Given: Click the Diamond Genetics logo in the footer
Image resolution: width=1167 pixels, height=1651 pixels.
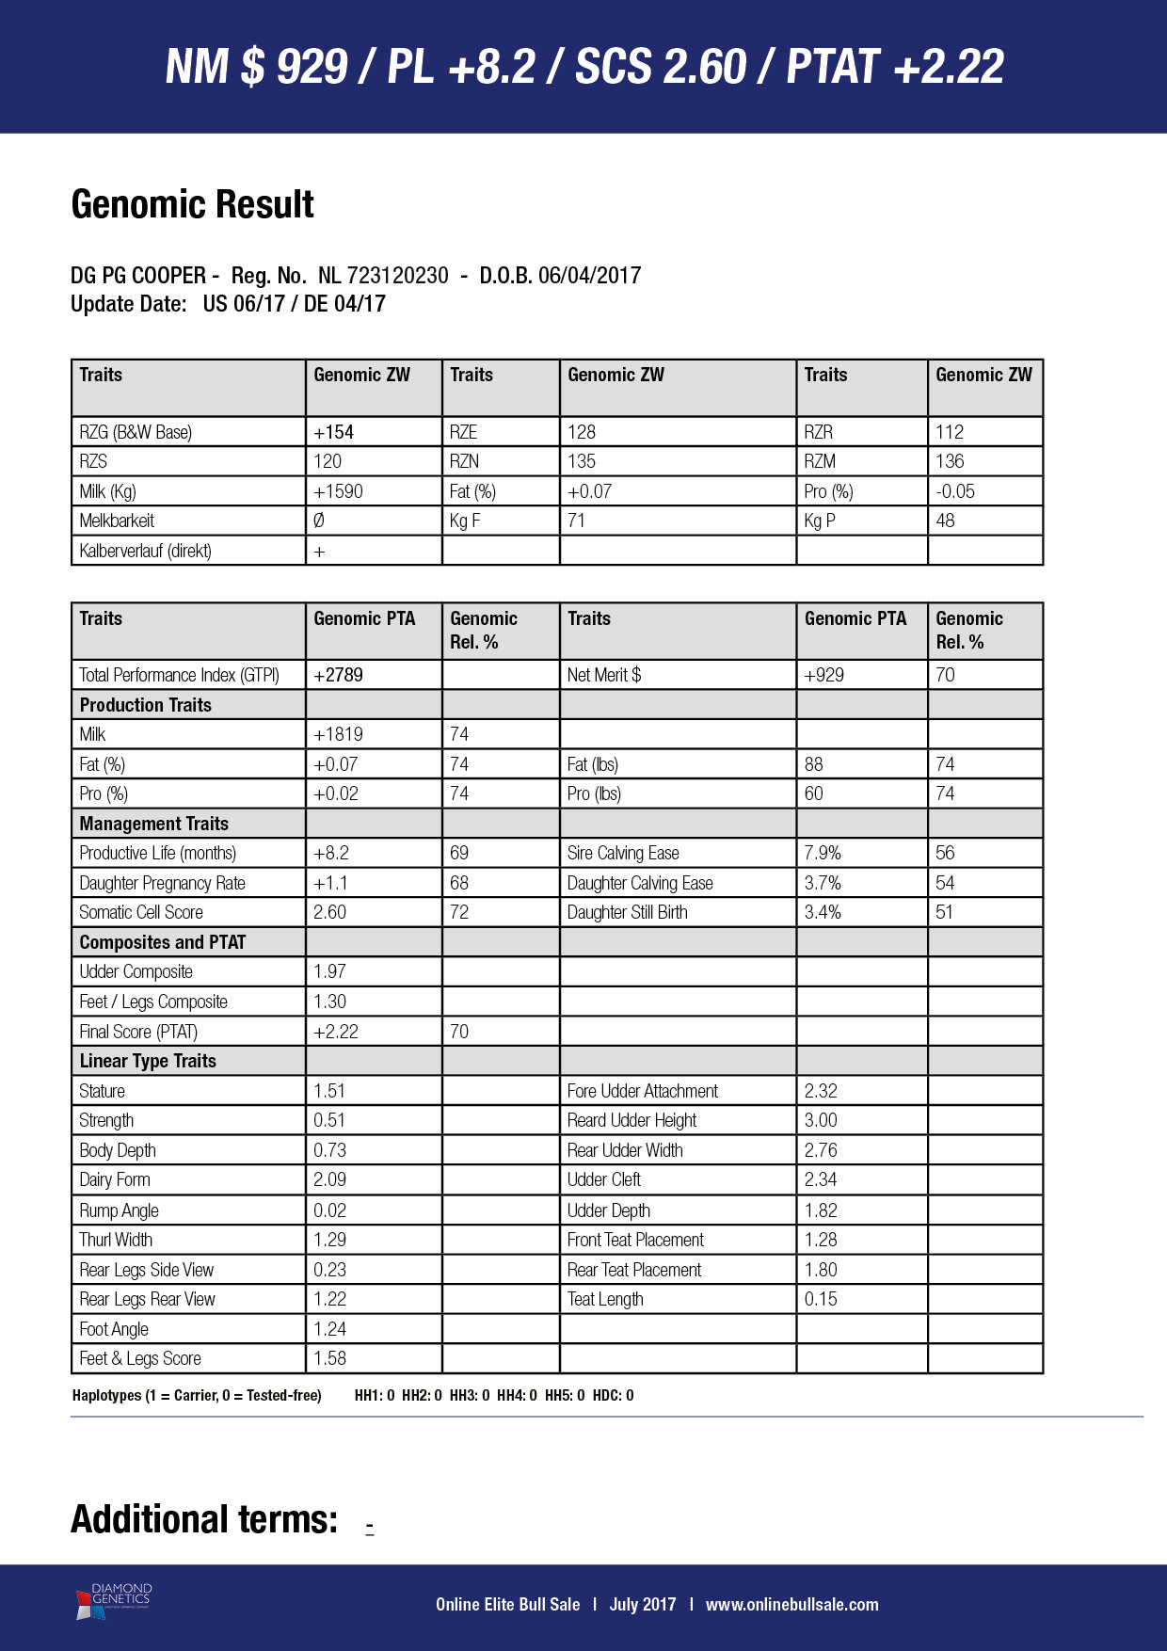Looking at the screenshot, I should click(113, 1601).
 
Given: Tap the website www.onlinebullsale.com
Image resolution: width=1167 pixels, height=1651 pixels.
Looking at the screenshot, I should click(791, 1605).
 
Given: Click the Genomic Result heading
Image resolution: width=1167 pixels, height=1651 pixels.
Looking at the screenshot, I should click(192, 204).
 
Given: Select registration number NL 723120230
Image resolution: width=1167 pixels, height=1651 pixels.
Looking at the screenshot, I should click(383, 276).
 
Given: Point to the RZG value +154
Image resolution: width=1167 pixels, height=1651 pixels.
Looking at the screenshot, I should click(334, 432).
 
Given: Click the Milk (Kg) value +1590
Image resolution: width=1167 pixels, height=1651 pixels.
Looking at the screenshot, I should click(338, 491).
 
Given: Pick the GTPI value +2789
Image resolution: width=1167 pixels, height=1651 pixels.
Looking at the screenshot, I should click(338, 675).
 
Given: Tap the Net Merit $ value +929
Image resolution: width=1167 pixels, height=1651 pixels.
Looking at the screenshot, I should click(823, 675).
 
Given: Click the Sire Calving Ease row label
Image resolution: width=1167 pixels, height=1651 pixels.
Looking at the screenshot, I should click(623, 853).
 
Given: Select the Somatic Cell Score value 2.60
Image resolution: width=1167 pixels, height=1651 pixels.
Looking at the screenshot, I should click(330, 912).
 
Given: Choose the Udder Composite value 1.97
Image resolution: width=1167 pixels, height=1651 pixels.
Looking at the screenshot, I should click(329, 971).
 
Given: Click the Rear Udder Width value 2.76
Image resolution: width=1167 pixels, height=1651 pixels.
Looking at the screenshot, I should click(821, 1150).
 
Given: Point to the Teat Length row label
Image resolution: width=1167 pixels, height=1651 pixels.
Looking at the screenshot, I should click(605, 1299).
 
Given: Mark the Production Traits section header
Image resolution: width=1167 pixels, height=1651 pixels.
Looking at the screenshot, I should click(146, 705).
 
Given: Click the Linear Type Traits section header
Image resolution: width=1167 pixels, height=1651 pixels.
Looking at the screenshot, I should click(148, 1061).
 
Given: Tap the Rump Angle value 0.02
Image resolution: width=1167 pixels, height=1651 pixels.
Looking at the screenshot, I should click(329, 1210).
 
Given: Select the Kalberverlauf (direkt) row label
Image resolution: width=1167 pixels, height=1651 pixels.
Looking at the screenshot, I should click(146, 551).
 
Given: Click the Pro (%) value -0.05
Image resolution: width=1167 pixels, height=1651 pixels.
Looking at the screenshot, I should click(955, 491).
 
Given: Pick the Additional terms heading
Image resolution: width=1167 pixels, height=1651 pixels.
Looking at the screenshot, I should click(204, 1520).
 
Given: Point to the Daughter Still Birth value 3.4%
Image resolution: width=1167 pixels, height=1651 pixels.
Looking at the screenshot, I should click(823, 912).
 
